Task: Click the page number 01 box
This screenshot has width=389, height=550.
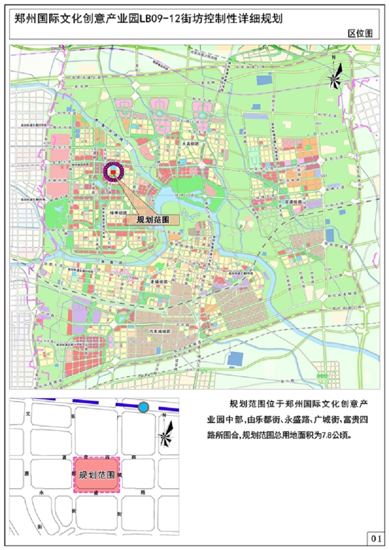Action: click(375, 538)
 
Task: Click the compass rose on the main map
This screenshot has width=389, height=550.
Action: click(335, 75)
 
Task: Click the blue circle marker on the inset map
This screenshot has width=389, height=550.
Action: click(143, 408)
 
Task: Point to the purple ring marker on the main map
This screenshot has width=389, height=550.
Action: click(113, 172)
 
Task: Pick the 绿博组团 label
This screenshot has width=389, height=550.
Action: click(118, 213)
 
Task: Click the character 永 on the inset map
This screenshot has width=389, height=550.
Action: click(42, 492)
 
